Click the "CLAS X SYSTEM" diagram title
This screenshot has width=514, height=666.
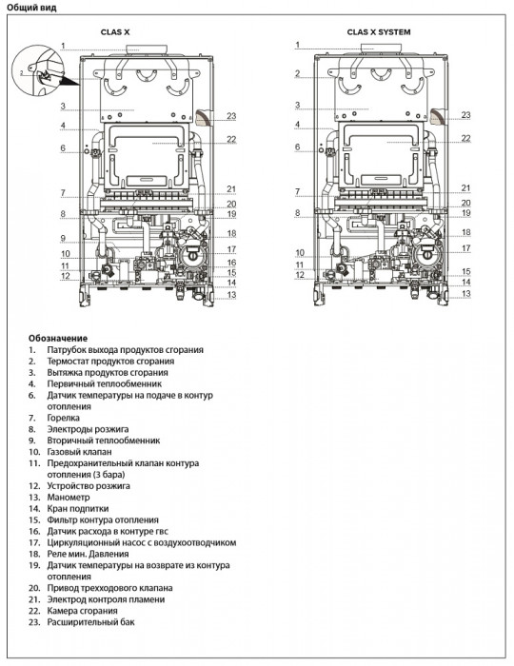(x=378, y=31)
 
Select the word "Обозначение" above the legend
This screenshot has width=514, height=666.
(x=58, y=338)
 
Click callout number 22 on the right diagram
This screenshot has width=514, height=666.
(x=466, y=138)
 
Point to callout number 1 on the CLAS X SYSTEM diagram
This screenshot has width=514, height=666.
(x=297, y=46)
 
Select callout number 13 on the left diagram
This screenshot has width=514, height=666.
(x=229, y=295)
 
